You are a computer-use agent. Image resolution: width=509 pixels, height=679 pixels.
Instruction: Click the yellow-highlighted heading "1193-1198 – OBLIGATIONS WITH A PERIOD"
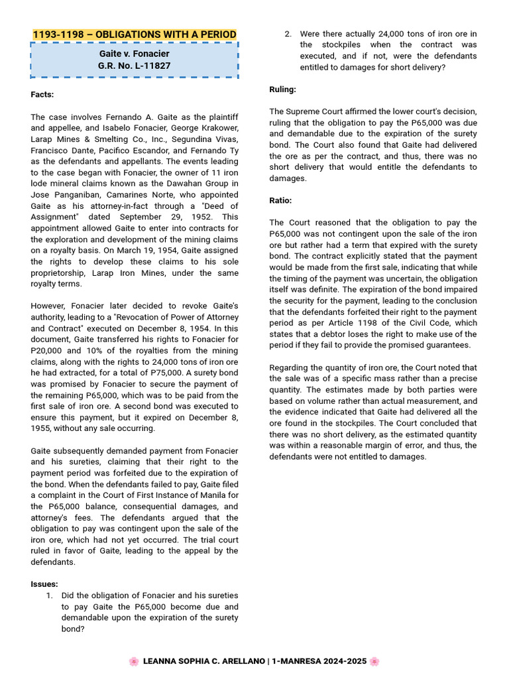click(135, 34)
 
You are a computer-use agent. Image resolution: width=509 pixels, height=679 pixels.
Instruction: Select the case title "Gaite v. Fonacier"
click(135, 53)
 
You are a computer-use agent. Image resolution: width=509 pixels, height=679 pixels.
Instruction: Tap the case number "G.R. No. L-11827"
click(135, 66)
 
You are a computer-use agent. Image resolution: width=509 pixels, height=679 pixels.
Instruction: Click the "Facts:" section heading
click(42, 94)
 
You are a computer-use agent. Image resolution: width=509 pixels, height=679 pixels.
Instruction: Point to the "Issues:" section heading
click(44, 584)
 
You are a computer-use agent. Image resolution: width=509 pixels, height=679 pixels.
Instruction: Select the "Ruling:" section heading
click(283, 90)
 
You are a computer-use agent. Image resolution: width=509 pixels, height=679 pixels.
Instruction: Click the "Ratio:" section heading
click(280, 200)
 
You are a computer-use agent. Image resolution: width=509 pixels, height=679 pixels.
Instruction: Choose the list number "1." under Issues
click(50, 595)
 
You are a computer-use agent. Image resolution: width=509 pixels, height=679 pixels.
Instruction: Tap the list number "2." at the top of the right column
click(288, 34)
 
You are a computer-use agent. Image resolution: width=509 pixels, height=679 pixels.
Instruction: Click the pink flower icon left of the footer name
click(134, 661)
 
